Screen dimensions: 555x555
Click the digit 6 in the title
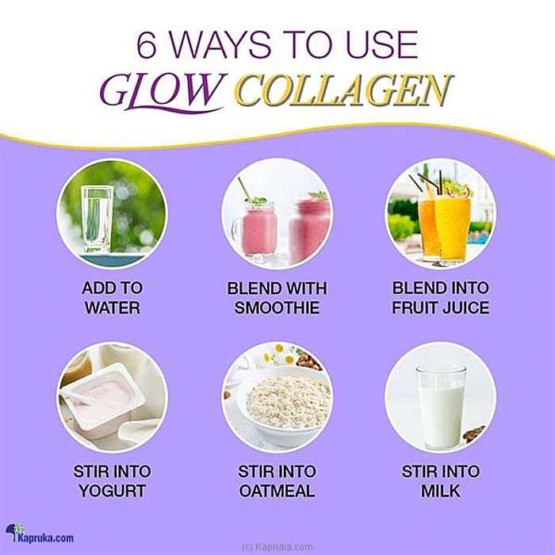tap(147, 46)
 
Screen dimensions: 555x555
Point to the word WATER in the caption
tap(113, 308)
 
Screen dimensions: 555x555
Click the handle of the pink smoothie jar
tap(235, 230)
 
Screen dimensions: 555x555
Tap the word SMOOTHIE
tap(277, 308)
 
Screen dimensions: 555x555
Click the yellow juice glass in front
tap(453, 228)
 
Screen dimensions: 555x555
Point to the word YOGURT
tap(113, 491)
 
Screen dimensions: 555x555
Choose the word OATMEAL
tap(277, 491)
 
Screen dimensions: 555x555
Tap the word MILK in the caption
tap(441, 491)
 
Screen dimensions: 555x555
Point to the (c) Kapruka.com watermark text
tap(277, 547)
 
